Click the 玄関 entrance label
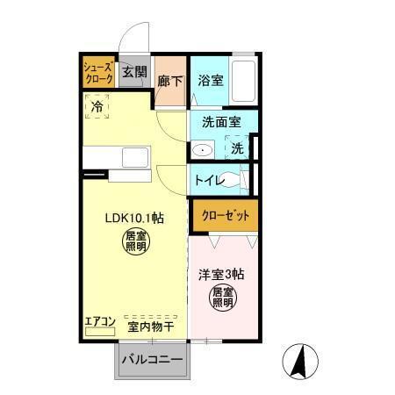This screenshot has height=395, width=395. pos(134,73)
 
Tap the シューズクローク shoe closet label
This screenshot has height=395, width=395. pos(97,73)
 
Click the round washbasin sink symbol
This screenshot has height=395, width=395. pos(202,150)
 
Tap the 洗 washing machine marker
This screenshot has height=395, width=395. pos(237,149)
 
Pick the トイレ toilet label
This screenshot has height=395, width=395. pos(210,181)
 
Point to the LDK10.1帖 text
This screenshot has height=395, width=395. pos(134,218)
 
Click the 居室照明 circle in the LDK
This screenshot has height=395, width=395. pos(134,241)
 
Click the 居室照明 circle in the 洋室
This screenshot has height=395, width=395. pos(224,297)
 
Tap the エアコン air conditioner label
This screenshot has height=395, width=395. pos(100,322)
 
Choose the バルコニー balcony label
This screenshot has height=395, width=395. pos(151,361)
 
